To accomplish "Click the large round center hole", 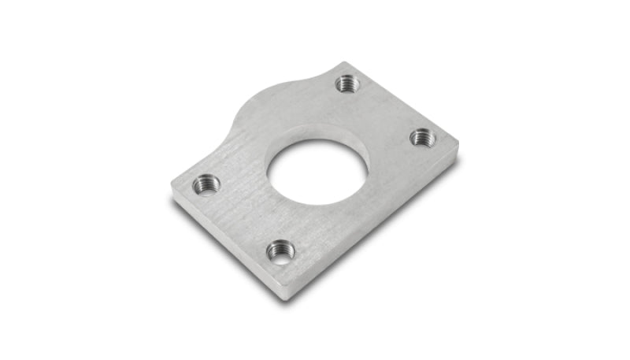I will pos(317,171).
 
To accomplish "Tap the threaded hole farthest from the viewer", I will pos(346,82).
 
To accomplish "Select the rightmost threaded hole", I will pos(423,137).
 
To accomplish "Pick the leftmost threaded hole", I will pos(206,184).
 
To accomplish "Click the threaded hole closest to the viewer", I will pos(280,251).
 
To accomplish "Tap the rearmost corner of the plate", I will pos(344,63).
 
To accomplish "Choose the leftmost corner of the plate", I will pos(172,186).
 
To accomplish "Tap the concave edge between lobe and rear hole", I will pos(315,75).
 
